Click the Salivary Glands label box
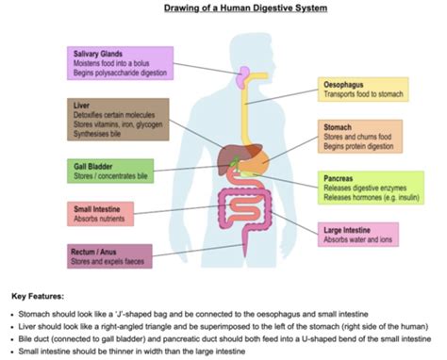120,63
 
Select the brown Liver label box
118,120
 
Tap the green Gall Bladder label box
110,171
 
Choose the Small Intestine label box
100,214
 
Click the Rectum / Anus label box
109,256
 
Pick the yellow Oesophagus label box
363,90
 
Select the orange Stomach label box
360,137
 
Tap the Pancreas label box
371,188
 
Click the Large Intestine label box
358,235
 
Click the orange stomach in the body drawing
256,160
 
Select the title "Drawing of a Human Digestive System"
245,8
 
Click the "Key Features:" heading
38,296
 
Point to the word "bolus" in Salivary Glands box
141,63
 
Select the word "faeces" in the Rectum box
134,261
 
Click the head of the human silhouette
253,54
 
